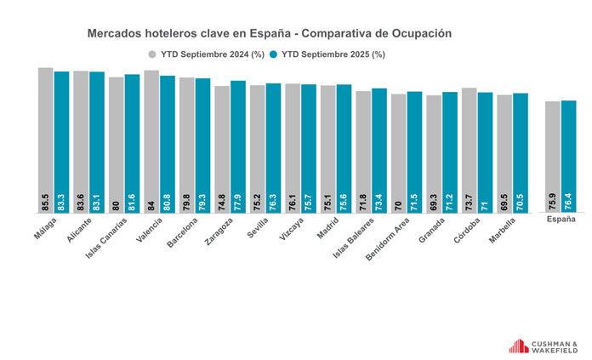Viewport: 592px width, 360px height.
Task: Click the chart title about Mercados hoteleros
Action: tap(269, 33)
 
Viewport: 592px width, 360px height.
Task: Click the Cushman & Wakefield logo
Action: tap(543, 345)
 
